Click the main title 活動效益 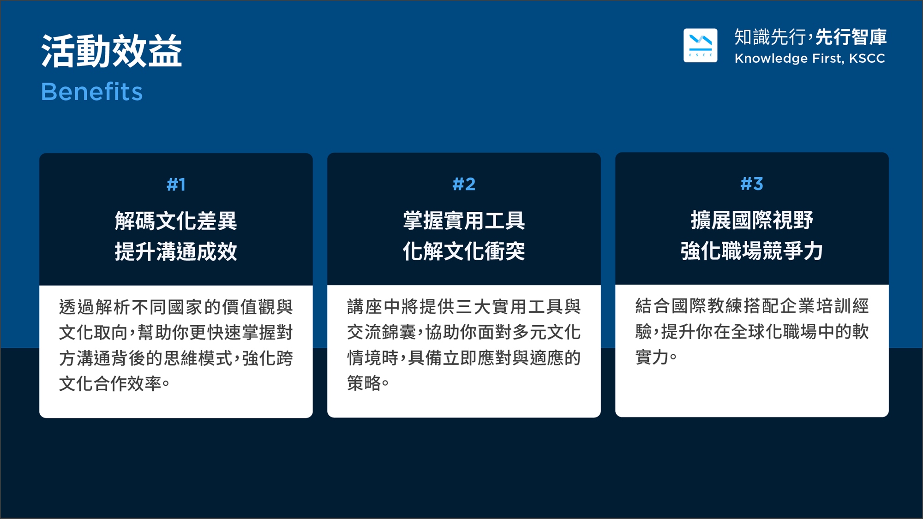pyautogui.click(x=112, y=51)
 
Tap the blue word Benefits pyautogui.click(x=92, y=91)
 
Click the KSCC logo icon pyautogui.click(x=700, y=45)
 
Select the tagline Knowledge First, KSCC pyautogui.click(x=809, y=59)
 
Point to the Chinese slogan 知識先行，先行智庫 pyautogui.click(x=810, y=37)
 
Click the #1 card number pyautogui.click(x=176, y=185)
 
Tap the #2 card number pyautogui.click(x=464, y=184)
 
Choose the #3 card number pyautogui.click(x=752, y=184)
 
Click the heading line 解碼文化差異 pyautogui.click(x=176, y=221)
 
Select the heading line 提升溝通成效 pyautogui.click(x=176, y=252)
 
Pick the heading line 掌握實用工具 pyautogui.click(x=464, y=220)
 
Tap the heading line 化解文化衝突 pyautogui.click(x=464, y=251)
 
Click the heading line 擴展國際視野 pyautogui.click(x=752, y=220)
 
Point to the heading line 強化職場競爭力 pyautogui.click(x=752, y=251)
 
